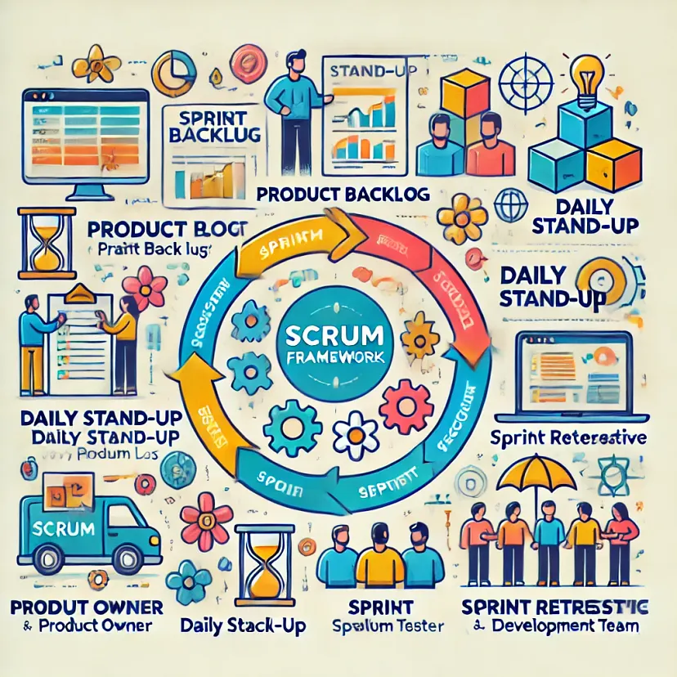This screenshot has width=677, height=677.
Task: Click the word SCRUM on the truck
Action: [67, 528]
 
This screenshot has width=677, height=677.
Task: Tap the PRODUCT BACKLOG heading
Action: [343, 194]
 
